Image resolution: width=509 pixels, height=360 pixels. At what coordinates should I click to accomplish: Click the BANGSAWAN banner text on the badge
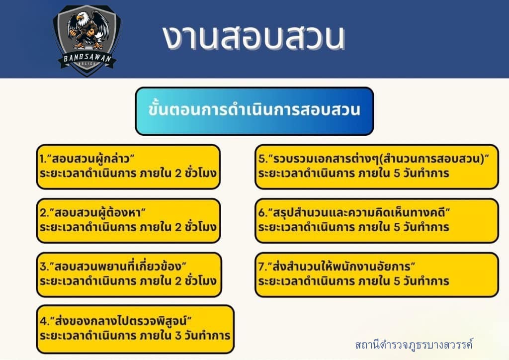point(87,59)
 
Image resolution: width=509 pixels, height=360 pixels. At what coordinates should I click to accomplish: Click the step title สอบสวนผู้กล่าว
point(91,159)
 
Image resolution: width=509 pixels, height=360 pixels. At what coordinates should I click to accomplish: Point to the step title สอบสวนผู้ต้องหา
point(97,212)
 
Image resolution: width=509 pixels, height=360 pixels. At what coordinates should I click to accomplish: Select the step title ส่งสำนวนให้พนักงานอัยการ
point(341,266)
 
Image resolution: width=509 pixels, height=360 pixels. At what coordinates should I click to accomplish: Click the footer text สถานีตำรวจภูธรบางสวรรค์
point(414,344)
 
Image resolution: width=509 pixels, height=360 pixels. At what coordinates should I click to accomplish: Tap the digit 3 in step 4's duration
point(178,335)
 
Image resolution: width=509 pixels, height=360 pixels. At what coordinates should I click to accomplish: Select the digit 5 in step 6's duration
point(397,227)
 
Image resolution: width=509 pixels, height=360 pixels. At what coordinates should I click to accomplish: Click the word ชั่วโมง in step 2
point(201,226)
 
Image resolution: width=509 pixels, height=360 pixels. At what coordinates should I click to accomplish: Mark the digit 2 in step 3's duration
point(178,281)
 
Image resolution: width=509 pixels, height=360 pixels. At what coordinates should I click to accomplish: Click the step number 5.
point(261,159)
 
